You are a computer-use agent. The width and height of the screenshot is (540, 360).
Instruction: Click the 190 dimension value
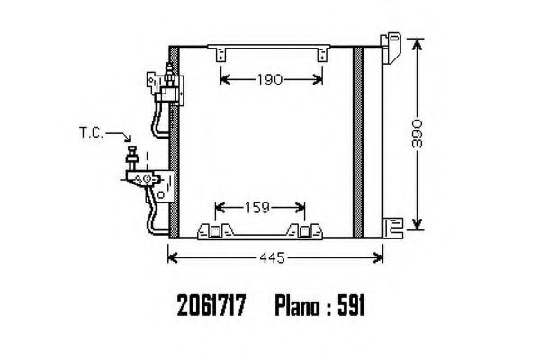(x=270, y=80)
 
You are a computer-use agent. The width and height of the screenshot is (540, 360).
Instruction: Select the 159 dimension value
(x=256, y=208)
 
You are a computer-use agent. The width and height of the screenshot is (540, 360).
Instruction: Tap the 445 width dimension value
(x=273, y=257)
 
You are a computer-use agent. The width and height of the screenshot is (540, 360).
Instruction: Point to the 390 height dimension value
(x=417, y=133)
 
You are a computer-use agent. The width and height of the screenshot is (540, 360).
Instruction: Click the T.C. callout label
(x=91, y=132)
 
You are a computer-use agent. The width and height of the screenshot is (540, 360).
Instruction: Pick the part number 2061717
(x=211, y=306)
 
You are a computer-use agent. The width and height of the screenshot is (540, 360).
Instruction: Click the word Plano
(x=298, y=306)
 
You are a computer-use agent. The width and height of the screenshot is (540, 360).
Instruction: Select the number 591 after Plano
(x=351, y=306)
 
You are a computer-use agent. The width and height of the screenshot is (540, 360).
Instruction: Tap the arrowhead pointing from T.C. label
(x=128, y=139)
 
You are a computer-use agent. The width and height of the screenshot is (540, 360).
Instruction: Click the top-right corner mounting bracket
(x=391, y=48)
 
